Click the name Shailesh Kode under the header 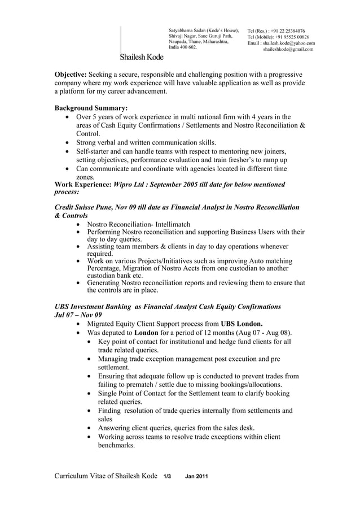point(141,58)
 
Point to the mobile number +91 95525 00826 point(292,37)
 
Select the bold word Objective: point(70,74)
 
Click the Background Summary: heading point(90,108)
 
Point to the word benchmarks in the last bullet point(117,445)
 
